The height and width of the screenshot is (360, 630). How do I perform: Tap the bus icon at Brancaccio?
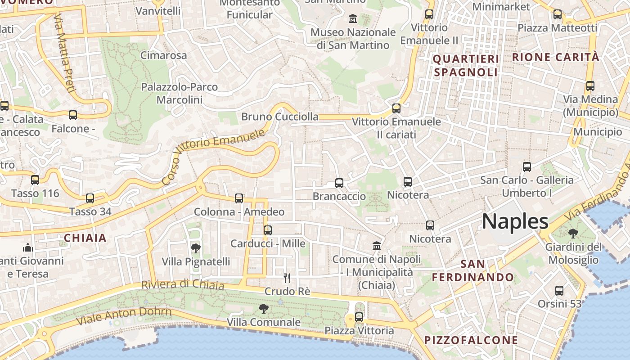click(x=339, y=183)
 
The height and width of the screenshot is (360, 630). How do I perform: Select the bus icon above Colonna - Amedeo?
click(x=239, y=198)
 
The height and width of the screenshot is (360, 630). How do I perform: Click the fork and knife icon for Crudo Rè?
click(x=287, y=278)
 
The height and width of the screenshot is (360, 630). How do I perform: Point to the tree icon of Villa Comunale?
click(x=264, y=309)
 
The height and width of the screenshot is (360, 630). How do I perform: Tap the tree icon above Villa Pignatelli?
click(x=195, y=248)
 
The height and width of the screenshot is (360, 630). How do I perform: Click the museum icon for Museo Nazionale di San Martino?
click(x=353, y=19)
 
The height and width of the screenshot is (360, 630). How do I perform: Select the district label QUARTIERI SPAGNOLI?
click(x=466, y=66)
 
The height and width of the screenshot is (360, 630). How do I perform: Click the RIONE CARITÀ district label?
click(x=556, y=57)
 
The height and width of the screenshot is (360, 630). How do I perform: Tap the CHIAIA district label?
click(x=85, y=238)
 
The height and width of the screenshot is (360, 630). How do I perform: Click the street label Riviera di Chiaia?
click(x=182, y=284)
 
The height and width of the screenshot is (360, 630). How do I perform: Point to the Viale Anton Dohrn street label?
click(x=124, y=316)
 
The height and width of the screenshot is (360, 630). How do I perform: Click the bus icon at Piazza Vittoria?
click(x=359, y=317)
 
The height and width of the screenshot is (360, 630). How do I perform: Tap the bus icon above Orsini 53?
click(x=559, y=291)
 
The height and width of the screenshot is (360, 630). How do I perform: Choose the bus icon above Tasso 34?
click(x=90, y=198)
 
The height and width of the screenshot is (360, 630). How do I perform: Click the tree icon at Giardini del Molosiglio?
click(x=573, y=234)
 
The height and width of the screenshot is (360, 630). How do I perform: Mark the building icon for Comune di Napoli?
click(x=377, y=246)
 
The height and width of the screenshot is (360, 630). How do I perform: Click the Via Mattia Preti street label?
click(x=63, y=53)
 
